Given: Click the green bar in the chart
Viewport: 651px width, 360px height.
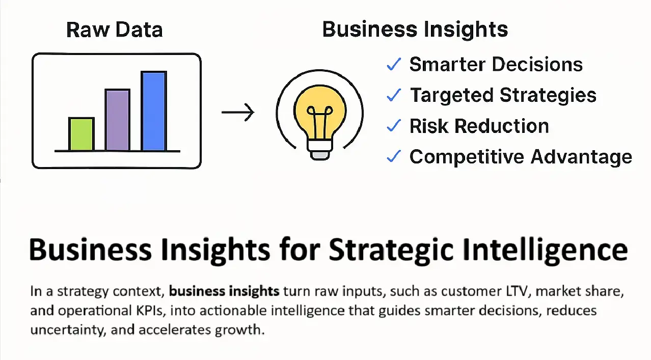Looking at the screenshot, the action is [x=82, y=134].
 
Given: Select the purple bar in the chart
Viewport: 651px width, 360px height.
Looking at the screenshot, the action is [x=117, y=120].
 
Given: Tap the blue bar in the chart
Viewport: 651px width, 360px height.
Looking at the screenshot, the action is [x=154, y=110].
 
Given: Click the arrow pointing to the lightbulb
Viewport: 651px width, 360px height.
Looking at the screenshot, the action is [x=238, y=112].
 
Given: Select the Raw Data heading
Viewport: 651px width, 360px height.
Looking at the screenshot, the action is [x=114, y=30].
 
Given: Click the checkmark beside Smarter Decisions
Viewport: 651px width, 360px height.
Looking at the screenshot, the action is [x=394, y=64].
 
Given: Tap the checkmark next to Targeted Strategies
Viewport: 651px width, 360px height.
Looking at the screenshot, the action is [x=394, y=95].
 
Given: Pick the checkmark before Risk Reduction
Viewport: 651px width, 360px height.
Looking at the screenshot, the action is [x=394, y=126].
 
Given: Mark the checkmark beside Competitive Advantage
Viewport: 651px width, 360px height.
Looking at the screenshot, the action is [x=394, y=157].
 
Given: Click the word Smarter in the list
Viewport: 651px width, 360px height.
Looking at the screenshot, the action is [x=448, y=64].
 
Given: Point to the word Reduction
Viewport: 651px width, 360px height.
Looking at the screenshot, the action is [x=502, y=126].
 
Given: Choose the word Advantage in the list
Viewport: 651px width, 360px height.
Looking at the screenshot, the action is [x=582, y=157].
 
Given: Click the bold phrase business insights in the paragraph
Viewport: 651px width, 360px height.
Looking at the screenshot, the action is [x=224, y=291].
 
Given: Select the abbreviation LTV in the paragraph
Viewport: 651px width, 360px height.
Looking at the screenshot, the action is [x=517, y=291].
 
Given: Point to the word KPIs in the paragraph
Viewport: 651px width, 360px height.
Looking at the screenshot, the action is [x=151, y=311].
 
